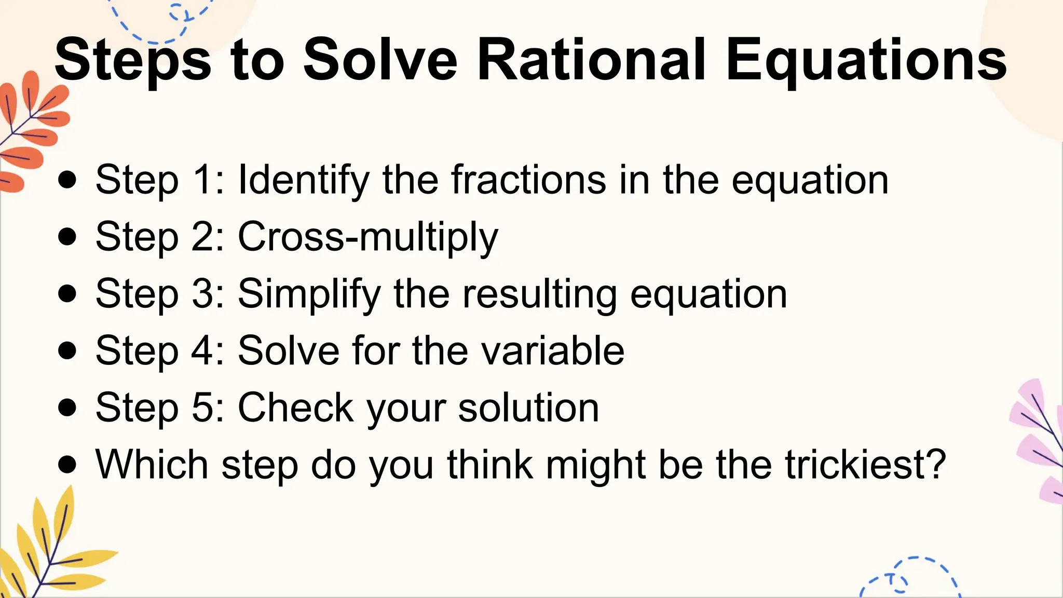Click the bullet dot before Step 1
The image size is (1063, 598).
pos(67,180)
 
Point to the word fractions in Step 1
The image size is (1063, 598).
pos(528,180)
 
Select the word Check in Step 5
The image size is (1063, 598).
pos(295,407)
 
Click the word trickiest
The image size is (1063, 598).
pos(865,464)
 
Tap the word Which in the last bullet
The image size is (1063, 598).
pos(152,464)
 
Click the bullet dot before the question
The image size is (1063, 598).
pos(67,464)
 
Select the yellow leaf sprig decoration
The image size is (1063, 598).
pos(49,550)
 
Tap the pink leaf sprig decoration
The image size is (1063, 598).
pos(1041,441)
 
